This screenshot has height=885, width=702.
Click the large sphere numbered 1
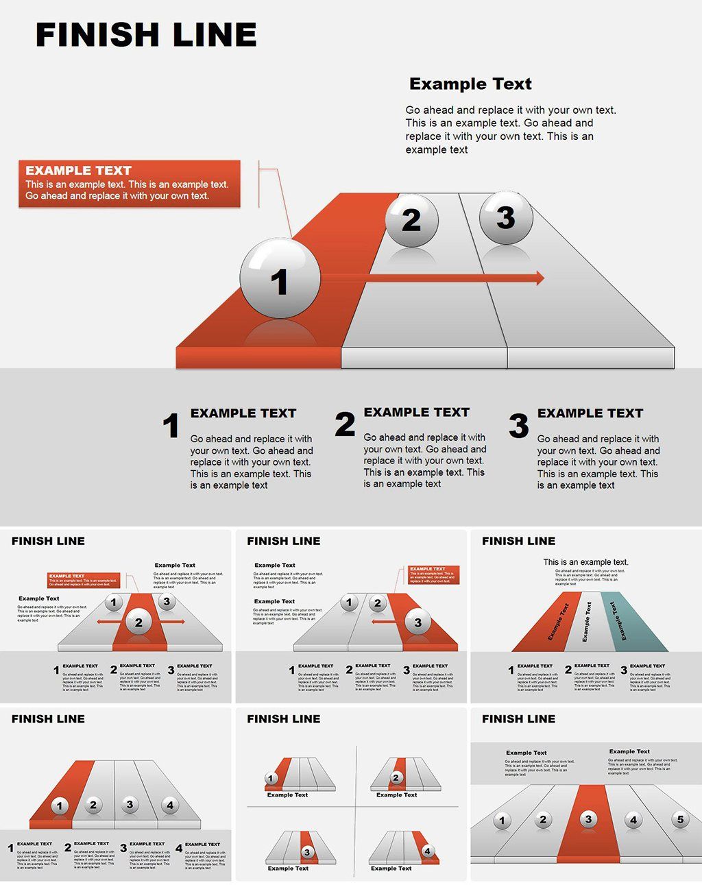pyautogui.click(x=280, y=278)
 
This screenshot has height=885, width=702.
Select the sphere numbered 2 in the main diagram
pyautogui.click(x=411, y=219)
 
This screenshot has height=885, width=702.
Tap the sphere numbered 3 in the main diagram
pyautogui.click(x=506, y=217)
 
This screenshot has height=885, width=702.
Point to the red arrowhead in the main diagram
pyautogui.click(x=540, y=278)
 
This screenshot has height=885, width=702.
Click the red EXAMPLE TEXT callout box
pyautogui.click(x=130, y=183)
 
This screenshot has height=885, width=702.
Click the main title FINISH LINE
pyautogui.click(x=146, y=35)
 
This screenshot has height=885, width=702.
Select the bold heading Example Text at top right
pyautogui.click(x=470, y=84)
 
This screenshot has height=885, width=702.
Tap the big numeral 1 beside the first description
pyautogui.click(x=171, y=426)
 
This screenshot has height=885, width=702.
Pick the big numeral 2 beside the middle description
pyautogui.click(x=345, y=424)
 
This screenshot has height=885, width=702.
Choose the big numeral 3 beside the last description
pyautogui.click(x=519, y=426)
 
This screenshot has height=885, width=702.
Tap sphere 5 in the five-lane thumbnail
pyautogui.click(x=680, y=819)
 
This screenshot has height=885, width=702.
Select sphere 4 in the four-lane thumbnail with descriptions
pyautogui.click(x=170, y=805)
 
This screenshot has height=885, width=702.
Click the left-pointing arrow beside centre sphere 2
pyautogui.click(x=106, y=622)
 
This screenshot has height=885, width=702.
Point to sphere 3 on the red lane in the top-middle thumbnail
pyautogui.click(x=417, y=622)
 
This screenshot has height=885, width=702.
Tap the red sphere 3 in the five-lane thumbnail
pyautogui.click(x=588, y=819)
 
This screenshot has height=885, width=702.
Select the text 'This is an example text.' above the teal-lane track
pyautogui.click(x=585, y=562)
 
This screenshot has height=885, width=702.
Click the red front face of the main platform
pyautogui.click(x=258, y=357)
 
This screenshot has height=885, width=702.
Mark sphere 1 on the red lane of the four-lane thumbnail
pyautogui.click(x=60, y=805)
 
